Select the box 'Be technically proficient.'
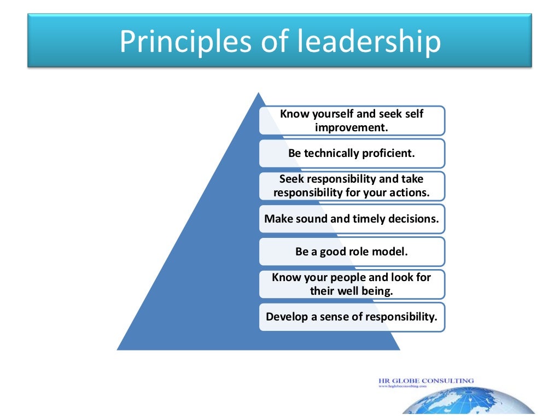click(352, 153)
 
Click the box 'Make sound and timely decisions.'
click(352, 219)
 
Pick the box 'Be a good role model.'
click(352, 252)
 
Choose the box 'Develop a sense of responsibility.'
click(352, 317)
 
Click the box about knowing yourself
click(352, 120)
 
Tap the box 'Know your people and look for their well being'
click(352, 284)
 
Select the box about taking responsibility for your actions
click(352, 186)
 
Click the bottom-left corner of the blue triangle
click(118, 349)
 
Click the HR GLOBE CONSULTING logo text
click(426, 380)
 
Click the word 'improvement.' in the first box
click(351, 127)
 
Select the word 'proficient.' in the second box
click(389, 153)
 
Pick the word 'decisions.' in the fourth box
click(413, 219)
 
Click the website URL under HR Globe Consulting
click(402, 386)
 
